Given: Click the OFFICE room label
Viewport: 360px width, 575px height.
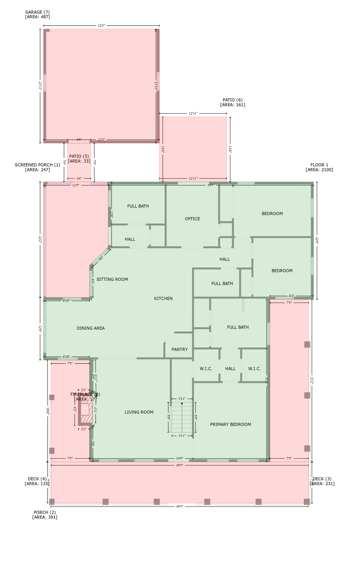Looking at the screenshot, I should point(192,219).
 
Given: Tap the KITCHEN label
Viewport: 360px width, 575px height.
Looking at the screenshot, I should point(163,298).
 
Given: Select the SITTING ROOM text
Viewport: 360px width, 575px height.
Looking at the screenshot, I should point(112,279).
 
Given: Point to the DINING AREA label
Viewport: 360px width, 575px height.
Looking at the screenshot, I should point(91,328).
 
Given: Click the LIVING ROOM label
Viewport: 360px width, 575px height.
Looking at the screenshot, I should point(139,412).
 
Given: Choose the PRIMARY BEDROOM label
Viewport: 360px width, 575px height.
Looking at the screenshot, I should point(230,425).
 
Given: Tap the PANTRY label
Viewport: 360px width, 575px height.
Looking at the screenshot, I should point(179,349).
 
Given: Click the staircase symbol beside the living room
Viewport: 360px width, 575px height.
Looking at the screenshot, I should point(182,417).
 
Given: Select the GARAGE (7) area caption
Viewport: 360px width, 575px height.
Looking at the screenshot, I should point(37,15).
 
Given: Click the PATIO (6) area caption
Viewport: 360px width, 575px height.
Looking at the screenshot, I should point(232,102).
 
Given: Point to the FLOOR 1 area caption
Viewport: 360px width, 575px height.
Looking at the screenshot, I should point(319,167).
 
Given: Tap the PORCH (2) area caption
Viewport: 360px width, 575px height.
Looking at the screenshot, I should point(45,515).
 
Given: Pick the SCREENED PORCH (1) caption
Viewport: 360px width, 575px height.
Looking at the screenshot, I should point(37,167).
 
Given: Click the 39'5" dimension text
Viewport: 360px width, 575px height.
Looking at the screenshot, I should point(211,185).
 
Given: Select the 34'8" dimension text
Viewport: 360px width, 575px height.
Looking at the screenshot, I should point(180,458).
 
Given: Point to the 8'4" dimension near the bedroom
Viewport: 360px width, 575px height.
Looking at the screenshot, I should point(292,296).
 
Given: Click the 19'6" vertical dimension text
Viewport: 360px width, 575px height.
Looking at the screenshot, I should point(48,411).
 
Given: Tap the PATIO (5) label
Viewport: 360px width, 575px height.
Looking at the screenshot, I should point(79,159).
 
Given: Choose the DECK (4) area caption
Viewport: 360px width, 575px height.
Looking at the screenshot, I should point(37,481).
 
